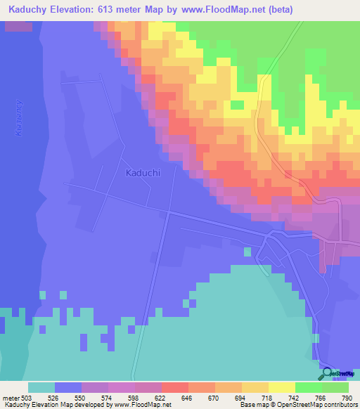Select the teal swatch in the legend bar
[x=41, y=387]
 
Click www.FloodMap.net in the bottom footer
[x=143, y=405]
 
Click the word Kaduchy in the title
[x=24, y=10]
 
